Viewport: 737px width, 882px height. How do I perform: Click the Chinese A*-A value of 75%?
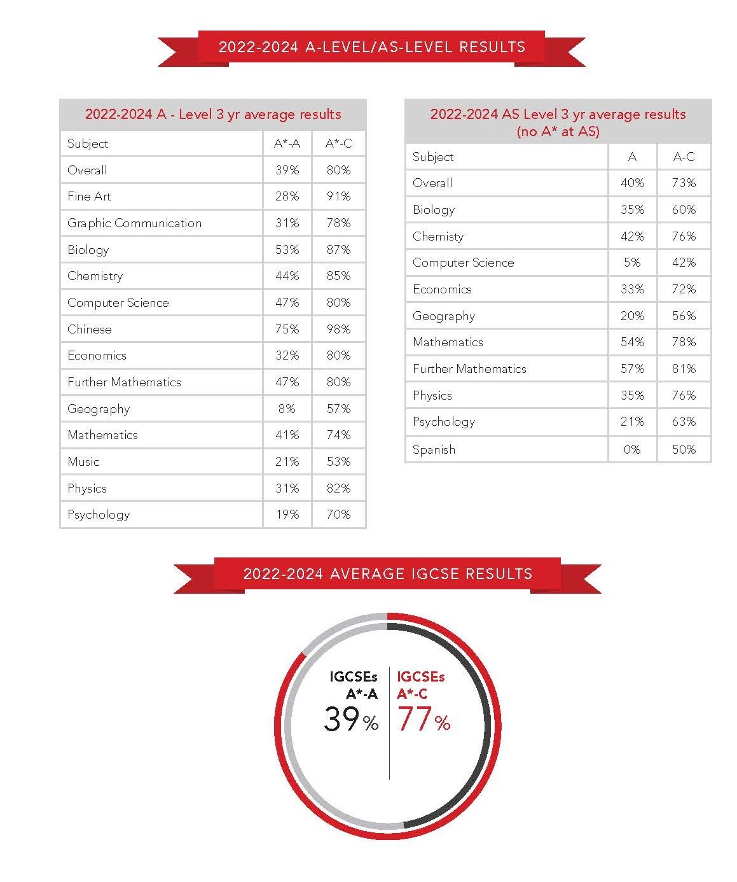(287, 329)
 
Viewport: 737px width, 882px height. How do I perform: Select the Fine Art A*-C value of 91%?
(338, 197)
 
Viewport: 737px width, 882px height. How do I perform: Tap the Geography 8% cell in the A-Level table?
(287, 409)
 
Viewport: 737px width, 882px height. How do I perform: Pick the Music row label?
(83, 462)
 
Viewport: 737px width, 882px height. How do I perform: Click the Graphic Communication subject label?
(135, 223)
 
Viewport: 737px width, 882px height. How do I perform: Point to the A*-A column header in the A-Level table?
(287, 144)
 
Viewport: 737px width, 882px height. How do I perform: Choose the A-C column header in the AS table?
(684, 157)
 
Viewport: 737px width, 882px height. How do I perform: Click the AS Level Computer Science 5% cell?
(632, 263)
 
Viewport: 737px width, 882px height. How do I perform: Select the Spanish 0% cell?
(632, 449)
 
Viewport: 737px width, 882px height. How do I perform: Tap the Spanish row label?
(434, 450)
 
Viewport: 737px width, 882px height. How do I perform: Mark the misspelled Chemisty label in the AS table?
(438, 237)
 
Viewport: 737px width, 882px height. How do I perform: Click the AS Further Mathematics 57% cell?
(632, 368)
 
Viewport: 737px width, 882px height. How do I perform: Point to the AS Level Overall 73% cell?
(684, 183)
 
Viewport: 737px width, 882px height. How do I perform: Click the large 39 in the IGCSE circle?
(341, 718)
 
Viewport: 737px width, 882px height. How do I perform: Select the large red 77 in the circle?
(414, 718)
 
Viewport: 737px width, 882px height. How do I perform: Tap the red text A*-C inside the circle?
(412, 694)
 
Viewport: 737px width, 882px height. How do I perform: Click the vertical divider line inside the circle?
(389, 723)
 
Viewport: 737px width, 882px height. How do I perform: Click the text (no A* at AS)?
(558, 132)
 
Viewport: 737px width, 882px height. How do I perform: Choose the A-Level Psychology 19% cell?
(287, 514)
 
